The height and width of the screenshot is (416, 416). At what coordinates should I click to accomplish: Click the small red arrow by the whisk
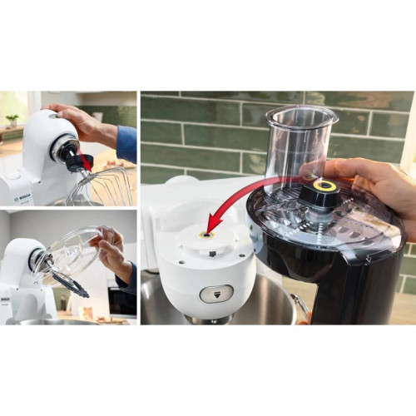[86, 162]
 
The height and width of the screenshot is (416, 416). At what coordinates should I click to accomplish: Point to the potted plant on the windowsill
[11, 120]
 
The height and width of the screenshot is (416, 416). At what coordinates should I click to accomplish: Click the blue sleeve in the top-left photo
[126, 143]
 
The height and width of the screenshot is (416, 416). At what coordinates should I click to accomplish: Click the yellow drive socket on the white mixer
[203, 235]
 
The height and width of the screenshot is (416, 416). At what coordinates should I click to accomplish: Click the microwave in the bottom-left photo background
[121, 300]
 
